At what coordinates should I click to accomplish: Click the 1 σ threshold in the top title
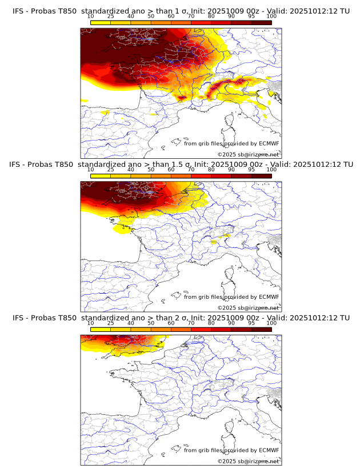tap(184, 11)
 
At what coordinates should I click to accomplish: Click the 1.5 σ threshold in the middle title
tap(187, 164)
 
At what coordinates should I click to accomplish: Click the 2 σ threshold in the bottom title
tap(184, 318)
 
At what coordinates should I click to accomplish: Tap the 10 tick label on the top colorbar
tap(91, 17)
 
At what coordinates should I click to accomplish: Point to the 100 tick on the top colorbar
tap(271, 17)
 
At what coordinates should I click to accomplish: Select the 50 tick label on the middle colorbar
tap(151, 170)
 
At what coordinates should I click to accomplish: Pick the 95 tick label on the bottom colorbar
tap(251, 323)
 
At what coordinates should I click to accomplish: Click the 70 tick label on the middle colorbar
tap(191, 170)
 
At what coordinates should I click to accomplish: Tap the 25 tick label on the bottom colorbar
tap(111, 323)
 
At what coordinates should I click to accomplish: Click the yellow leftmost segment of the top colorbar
tap(101, 22)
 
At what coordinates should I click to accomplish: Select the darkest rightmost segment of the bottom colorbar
tap(261, 330)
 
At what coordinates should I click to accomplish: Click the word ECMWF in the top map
tap(269, 143)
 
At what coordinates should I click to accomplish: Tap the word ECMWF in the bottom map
tap(269, 450)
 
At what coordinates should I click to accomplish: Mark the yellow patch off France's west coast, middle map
tap(122, 229)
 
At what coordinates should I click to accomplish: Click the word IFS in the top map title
tap(18, 11)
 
